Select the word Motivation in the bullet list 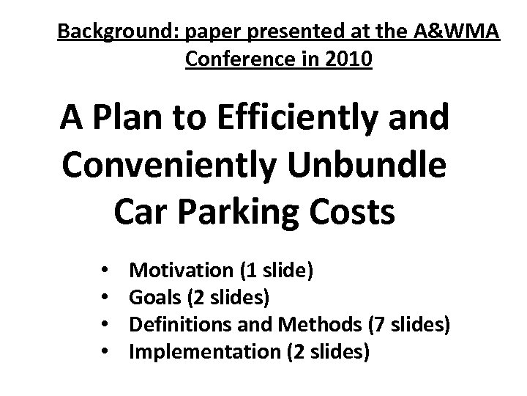coord(179,271)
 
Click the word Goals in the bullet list coord(151,298)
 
